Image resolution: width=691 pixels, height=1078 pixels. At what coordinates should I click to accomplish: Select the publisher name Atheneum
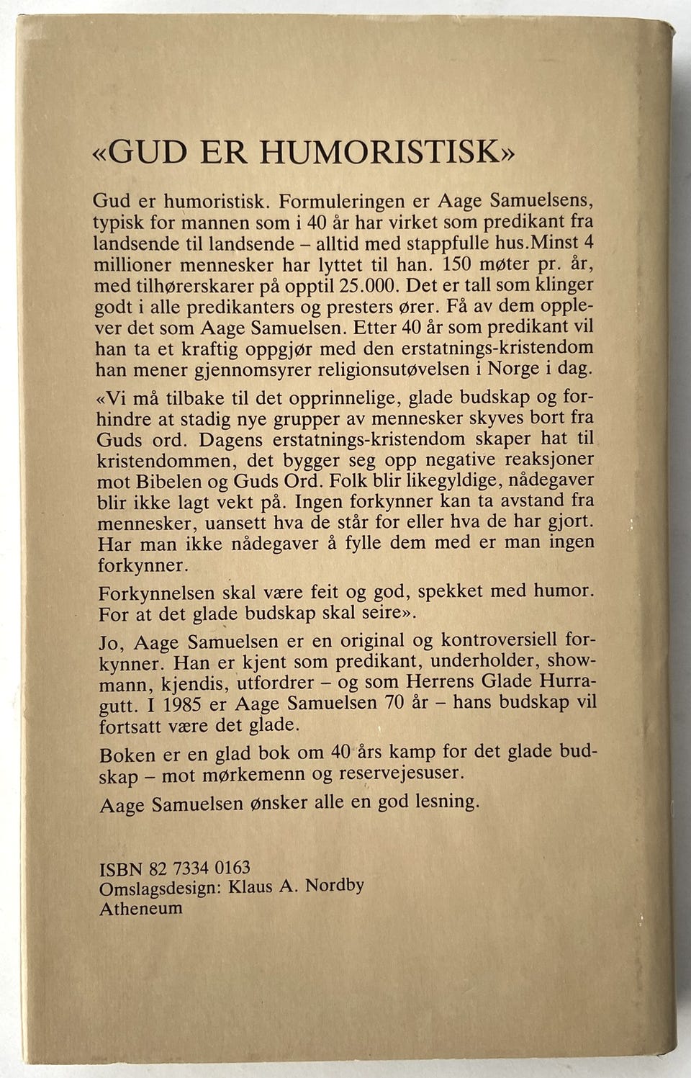point(141,908)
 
